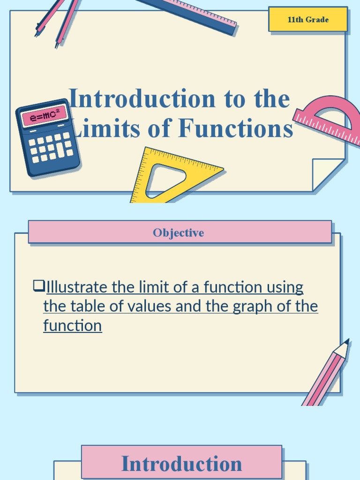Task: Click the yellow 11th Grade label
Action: pos(308,20)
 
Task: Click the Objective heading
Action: pos(178,233)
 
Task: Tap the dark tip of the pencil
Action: pos(347,341)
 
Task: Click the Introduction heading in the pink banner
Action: pos(181,464)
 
